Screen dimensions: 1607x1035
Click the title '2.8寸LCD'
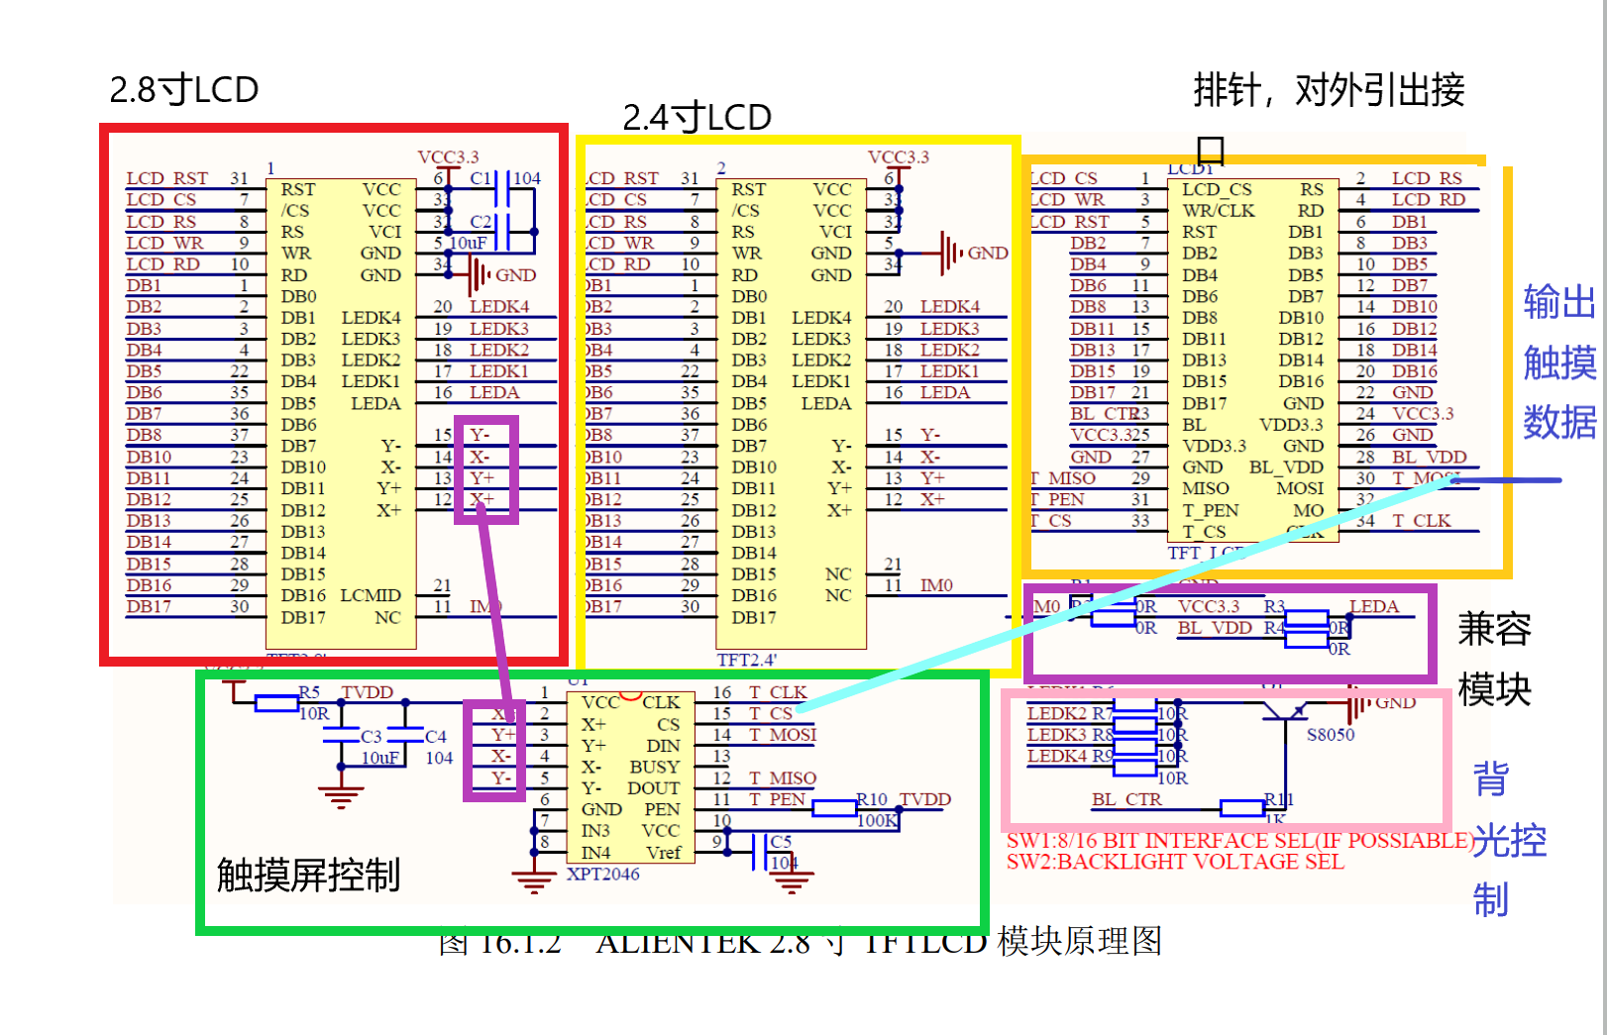tap(183, 90)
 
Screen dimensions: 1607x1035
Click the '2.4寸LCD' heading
tap(696, 118)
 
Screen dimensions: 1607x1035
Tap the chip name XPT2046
tap(602, 875)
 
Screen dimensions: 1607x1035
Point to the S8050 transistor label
tap(1330, 735)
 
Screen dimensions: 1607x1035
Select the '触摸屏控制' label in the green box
tap(308, 876)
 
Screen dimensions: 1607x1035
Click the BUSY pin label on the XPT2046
tap(654, 767)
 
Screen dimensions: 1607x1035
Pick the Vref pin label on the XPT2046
tap(663, 853)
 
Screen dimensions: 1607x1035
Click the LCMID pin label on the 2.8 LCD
tap(370, 595)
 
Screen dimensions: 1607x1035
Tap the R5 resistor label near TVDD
tap(309, 692)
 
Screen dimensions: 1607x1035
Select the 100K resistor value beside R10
tap(877, 820)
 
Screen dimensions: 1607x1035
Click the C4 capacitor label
tap(436, 737)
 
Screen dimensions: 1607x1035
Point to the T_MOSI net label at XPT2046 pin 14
tap(783, 735)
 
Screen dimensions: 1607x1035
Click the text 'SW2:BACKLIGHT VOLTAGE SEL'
tap(1175, 862)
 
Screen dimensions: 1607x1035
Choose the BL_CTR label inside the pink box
tap(1126, 799)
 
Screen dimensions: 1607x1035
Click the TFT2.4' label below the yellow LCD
tap(747, 660)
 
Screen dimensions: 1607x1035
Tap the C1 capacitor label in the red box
tap(481, 178)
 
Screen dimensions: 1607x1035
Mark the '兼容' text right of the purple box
tap(1494, 629)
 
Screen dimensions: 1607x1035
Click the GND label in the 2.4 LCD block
tap(987, 254)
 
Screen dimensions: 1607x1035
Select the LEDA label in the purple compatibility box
tap(1374, 606)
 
